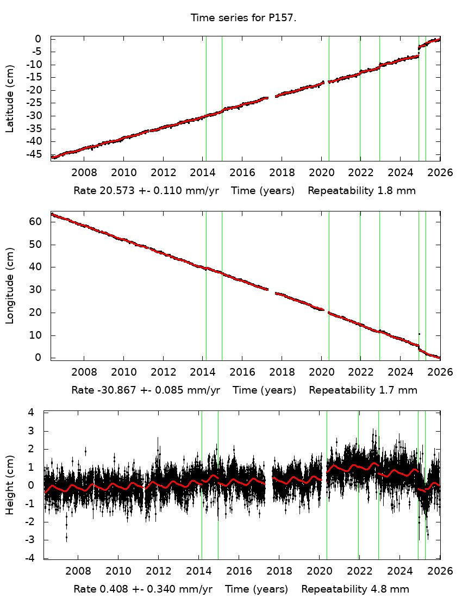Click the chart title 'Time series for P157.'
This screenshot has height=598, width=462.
pyautogui.click(x=243, y=18)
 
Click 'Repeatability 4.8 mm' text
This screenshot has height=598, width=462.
pyautogui.click(x=355, y=589)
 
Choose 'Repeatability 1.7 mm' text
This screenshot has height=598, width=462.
pyautogui.click(x=363, y=390)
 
